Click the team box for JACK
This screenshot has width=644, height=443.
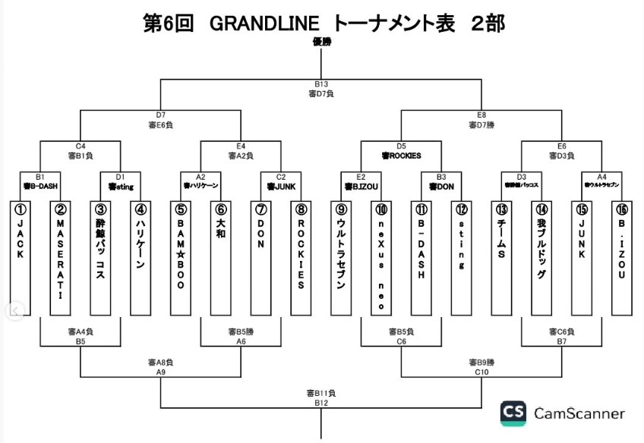coord(21,258)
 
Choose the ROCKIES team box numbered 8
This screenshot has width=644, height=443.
coord(301,258)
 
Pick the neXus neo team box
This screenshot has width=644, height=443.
coord(381,258)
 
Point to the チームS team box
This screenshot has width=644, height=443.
coord(501,258)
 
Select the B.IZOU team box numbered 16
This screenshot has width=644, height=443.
coord(621,258)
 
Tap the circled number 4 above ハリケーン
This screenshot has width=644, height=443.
coord(140,209)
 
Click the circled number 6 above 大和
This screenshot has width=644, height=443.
coord(220,209)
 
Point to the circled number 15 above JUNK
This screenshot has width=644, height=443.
coord(582,209)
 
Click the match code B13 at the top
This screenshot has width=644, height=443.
coord(321,84)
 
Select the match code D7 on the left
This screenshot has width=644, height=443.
coord(161,115)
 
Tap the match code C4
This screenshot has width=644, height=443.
coord(80,146)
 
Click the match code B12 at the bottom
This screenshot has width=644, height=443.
coord(321,403)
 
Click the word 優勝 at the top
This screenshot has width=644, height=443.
coord(322,42)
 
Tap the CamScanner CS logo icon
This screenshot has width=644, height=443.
coord(513,413)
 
